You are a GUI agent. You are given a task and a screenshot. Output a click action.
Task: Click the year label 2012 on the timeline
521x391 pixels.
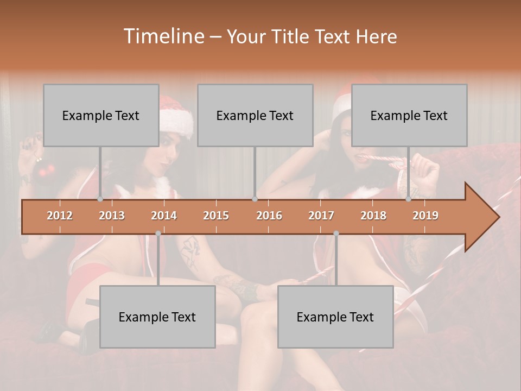click(60, 216)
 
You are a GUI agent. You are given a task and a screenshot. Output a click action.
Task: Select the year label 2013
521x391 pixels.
click(112, 216)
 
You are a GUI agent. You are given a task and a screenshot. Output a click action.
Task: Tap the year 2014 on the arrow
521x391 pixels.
click(164, 216)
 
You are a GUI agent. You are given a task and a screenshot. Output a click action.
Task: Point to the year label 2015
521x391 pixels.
click(216, 216)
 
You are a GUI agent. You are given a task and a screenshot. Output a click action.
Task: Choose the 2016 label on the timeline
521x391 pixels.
click(269, 216)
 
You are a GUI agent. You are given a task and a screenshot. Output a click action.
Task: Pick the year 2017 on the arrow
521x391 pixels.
click(321, 216)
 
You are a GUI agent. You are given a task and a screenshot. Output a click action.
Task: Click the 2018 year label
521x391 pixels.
click(373, 216)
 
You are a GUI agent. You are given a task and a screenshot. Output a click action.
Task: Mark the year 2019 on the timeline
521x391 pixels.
click(425, 216)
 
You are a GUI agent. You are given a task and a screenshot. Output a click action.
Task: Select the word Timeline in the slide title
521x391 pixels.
click(163, 36)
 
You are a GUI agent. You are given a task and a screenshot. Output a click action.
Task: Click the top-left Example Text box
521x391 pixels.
click(101, 115)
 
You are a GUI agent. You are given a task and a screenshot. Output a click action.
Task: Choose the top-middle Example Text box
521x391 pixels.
click(255, 115)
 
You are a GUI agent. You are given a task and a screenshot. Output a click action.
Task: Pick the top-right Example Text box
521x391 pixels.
click(409, 115)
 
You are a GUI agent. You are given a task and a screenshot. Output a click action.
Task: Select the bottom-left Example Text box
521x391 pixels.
click(157, 317)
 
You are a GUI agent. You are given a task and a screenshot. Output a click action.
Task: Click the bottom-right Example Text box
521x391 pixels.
click(335, 317)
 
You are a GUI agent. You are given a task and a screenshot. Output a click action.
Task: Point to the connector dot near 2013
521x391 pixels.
click(100, 199)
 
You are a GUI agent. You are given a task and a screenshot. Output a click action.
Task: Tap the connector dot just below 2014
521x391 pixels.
click(158, 234)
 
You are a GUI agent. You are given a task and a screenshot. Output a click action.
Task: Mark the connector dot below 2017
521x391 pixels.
click(336, 234)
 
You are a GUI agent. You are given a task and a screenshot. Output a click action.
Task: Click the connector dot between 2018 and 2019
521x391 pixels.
click(409, 199)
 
